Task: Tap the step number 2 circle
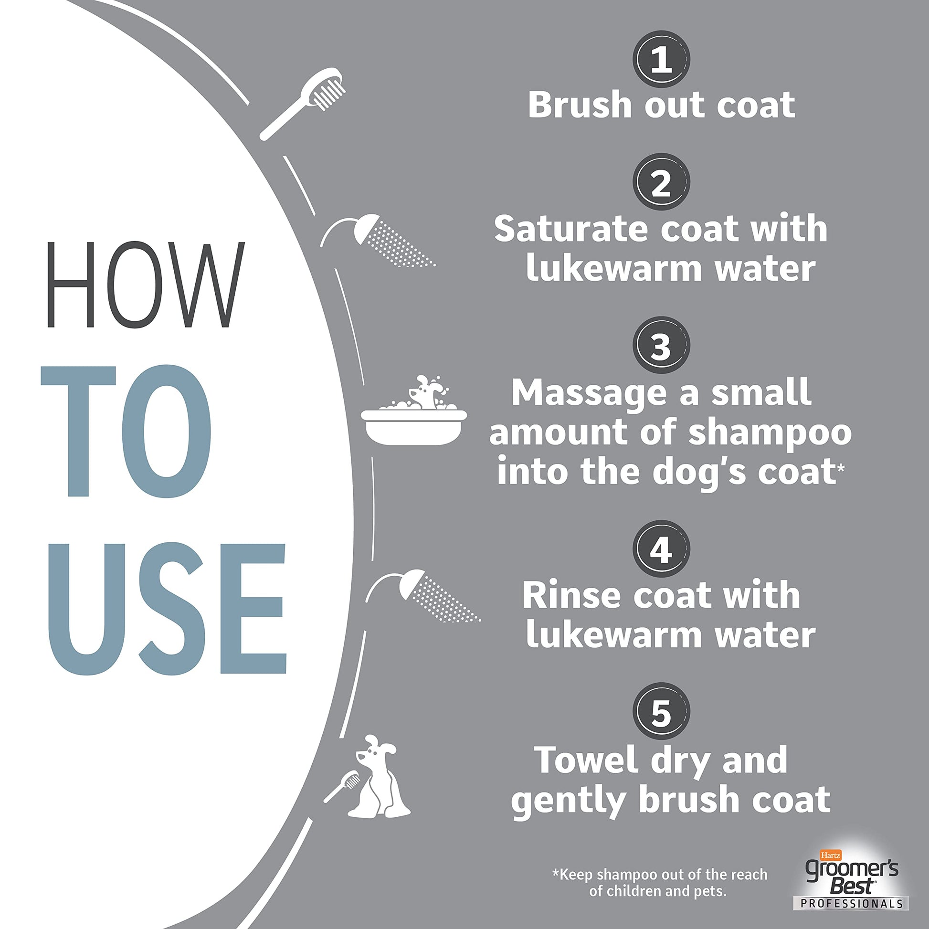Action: click(x=661, y=182)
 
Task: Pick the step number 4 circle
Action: click(x=661, y=549)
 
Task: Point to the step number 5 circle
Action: click(x=661, y=712)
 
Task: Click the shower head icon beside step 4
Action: click(x=422, y=596)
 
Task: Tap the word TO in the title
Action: click(x=126, y=432)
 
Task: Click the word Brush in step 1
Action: click(x=580, y=105)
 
